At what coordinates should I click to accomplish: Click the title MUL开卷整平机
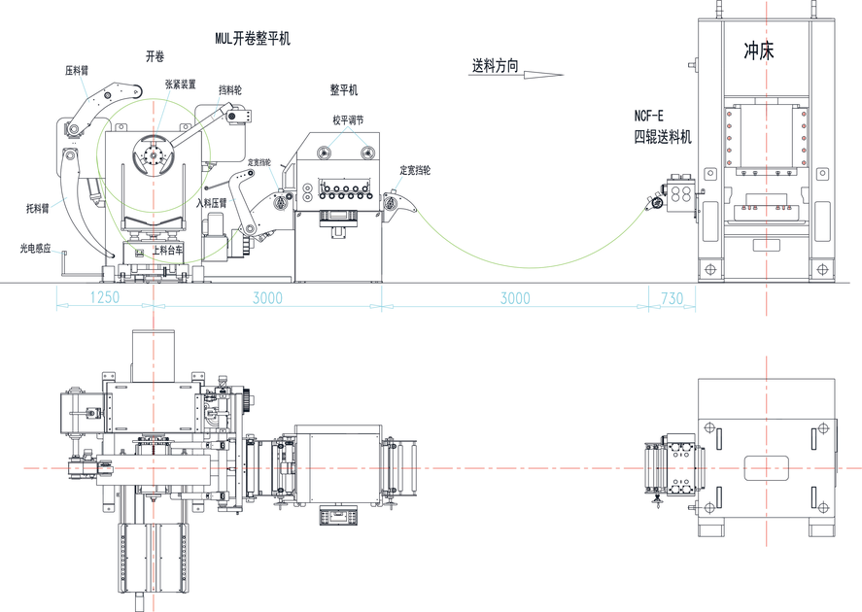pyautogui.click(x=252, y=40)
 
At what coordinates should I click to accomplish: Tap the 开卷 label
pyautogui.click(x=155, y=57)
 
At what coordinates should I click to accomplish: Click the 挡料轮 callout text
pyautogui.click(x=230, y=89)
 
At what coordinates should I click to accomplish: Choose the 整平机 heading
pyautogui.click(x=343, y=90)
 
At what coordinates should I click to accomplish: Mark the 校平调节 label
pyautogui.click(x=347, y=120)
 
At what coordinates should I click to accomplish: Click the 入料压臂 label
pyautogui.click(x=211, y=203)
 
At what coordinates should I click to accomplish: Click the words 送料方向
pyautogui.click(x=495, y=66)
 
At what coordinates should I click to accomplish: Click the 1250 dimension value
pyautogui.click(x=104, y=297)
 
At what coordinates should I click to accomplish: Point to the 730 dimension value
pyautogui.click(x=671, y=297)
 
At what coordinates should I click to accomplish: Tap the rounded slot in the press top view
pyautogui.click(x=767, y=467)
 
